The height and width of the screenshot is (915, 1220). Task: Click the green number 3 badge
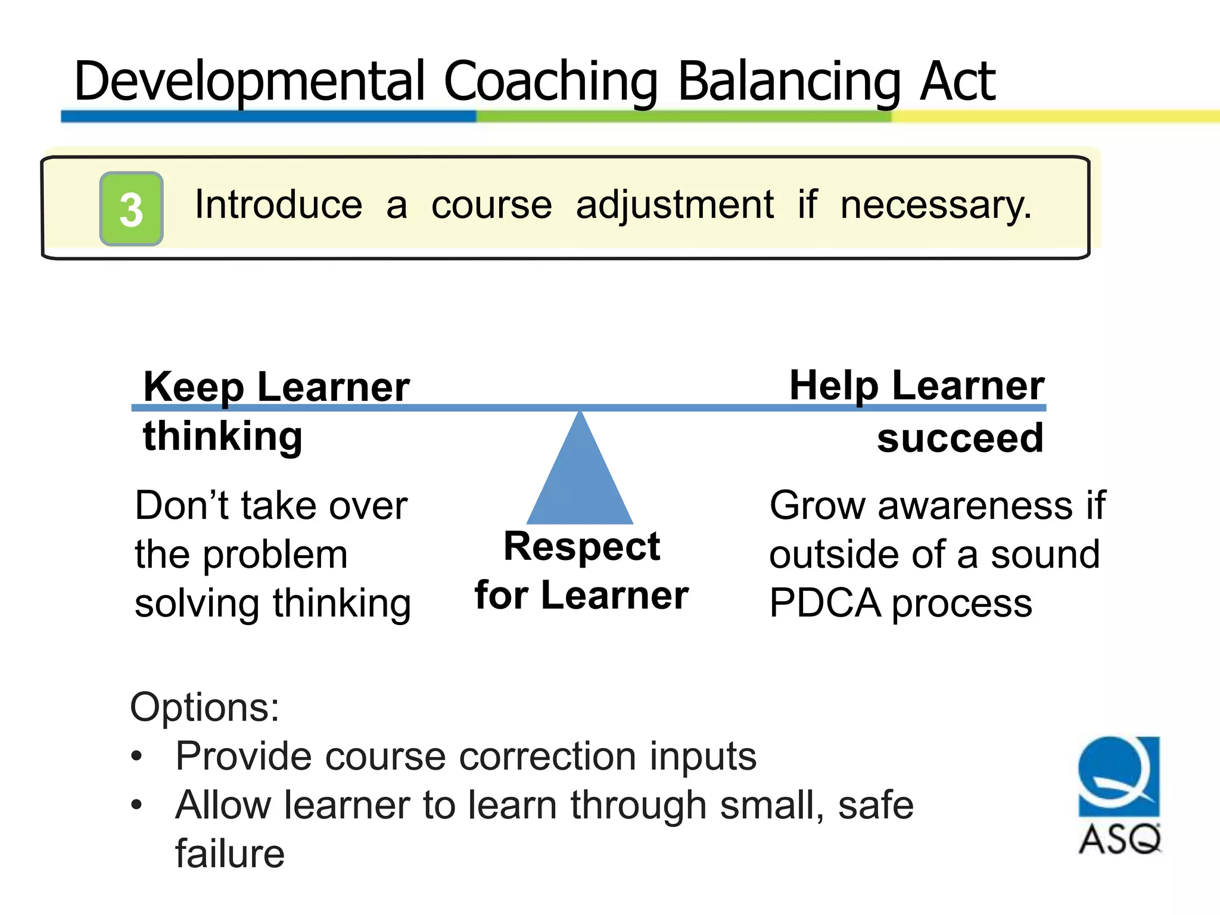point(131,209)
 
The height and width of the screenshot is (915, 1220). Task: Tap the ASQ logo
point(1119,795)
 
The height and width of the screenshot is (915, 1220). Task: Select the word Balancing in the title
point(789,82)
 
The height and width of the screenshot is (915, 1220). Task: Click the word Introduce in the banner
point(278,205)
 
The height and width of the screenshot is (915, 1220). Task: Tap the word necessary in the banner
point(935,205)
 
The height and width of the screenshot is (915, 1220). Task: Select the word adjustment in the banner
point(674,205)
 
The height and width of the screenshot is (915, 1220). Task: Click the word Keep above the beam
point(194,387)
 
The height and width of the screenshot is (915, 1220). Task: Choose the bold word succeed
point(960,438)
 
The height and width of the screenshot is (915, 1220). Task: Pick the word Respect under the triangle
point(581,546)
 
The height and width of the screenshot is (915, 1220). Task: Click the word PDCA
point(825,603)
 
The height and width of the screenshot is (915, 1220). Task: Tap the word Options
point(204,707)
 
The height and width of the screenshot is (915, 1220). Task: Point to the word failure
point(229,854)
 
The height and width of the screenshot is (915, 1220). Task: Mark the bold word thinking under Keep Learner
point(223,437)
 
